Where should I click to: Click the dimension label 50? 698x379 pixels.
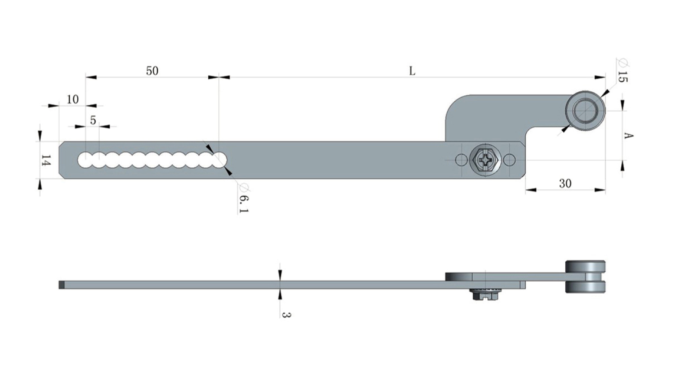[x=152, y=70]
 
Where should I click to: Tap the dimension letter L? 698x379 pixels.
[x=412, y=71]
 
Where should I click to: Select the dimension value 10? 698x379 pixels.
[x=73, y=99]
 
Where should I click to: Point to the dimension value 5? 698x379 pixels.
[x=93, y=120]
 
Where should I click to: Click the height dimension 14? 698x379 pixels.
[x=46, y=160]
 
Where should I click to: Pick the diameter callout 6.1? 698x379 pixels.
[x=243, y=198]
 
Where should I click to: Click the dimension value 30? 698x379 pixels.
[x=565, y=183]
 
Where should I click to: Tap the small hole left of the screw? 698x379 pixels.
[x=461, y=160]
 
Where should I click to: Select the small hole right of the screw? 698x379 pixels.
[x=509, y=160]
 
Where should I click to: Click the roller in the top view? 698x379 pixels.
[x=585, y=111]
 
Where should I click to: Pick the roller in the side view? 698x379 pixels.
[x=585, y=276]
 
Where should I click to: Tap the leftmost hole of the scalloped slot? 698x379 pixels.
[x=86, y=160]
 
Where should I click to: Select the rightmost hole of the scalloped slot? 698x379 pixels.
[x=219, y=160]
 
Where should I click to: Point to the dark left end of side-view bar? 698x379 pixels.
[x=62, y=284]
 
